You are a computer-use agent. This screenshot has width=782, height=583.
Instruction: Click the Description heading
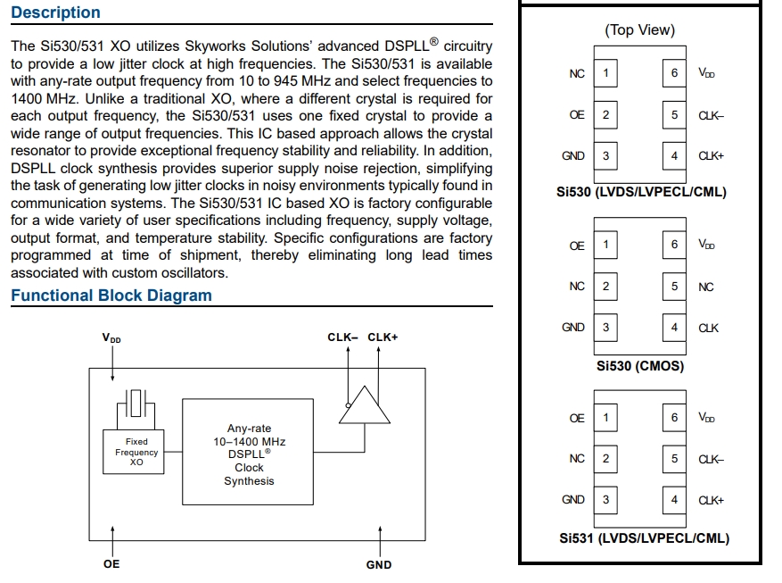(x=55, y=12)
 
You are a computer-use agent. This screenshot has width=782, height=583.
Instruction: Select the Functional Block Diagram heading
(x=111, y=296)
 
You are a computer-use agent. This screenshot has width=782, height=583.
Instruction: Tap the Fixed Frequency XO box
(x=136, y=452)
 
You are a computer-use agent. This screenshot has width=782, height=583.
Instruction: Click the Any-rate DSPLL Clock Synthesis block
(x=250, y=454)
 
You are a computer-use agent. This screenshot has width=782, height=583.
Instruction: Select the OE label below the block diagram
(x=111, y=564)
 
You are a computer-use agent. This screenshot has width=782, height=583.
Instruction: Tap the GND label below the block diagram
(x=379, y=564)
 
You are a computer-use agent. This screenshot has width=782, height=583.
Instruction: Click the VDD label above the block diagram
(x=112, y=338)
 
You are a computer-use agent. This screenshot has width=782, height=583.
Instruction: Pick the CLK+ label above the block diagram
(x=383, y=337)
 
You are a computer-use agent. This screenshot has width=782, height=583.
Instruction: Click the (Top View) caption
(x=639, y=30)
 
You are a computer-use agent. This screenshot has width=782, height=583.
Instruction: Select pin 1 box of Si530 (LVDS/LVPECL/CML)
(x=605, y=73)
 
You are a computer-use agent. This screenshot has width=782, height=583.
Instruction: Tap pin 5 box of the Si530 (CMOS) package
(x=674, y=287)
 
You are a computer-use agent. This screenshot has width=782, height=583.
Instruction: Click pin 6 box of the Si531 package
(x=674, y=418)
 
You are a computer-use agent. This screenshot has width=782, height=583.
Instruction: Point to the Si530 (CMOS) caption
(x=639, y=366)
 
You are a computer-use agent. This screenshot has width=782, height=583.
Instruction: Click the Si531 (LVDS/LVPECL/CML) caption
(x=644, y=538)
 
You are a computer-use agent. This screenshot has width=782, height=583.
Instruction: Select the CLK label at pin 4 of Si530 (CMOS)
(x=709, y=329)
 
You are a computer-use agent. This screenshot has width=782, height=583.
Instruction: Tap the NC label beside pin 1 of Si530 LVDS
(x=577, y=73)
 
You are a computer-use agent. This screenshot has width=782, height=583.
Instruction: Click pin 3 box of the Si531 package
(x=605, y=500)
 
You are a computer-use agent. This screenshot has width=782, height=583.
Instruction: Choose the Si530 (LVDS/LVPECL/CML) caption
(x=640, y=193)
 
